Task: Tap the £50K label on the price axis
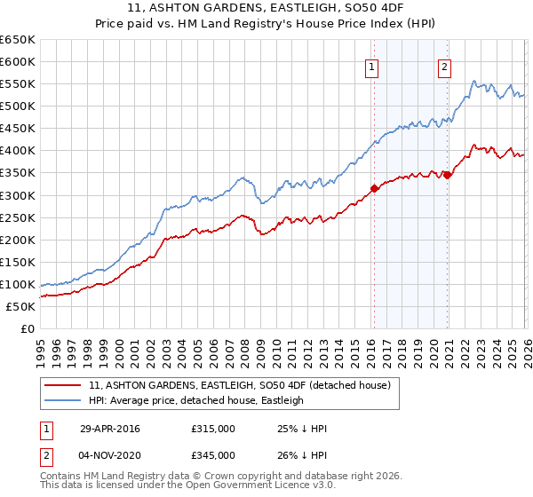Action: coord(20,306)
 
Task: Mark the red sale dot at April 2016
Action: coord(374,187)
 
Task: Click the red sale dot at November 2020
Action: coord(448,175)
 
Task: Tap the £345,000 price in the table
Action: coord(212,454)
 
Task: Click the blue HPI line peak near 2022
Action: coord(474,81)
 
